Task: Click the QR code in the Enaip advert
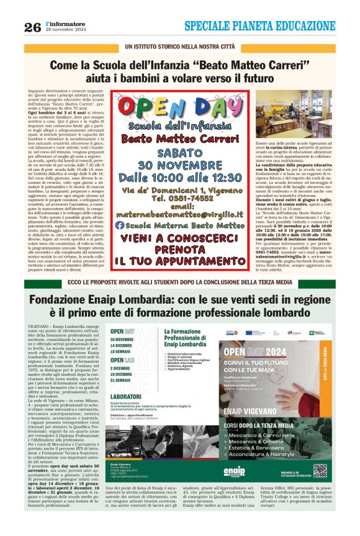[x=320, y=470]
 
